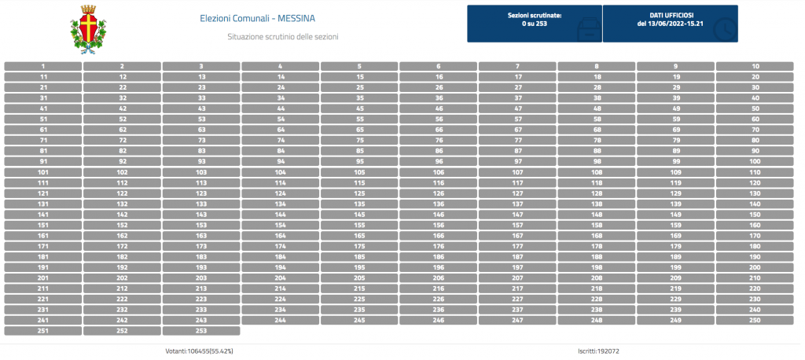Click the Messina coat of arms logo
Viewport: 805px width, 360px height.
point(88,29)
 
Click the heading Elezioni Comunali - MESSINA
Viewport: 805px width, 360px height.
point(257,19)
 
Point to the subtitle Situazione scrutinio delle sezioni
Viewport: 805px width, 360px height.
point(283,37)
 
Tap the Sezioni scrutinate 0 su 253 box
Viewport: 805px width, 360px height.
point(535,24)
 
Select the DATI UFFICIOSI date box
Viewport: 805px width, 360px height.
point(670,24)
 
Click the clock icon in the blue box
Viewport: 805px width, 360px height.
point(724,30)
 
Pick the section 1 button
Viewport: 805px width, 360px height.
point(43,66)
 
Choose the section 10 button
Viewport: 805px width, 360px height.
point(755,66)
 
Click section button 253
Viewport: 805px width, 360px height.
point(201,331)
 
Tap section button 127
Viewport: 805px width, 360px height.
point(517,193)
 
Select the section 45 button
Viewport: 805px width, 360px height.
point(359,109)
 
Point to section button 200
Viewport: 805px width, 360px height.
point(755,267)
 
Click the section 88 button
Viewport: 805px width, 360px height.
point(597,151)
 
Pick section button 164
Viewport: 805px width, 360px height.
point(281,236)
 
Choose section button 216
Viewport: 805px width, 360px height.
point(439,288)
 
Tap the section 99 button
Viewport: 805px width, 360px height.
point(675,162)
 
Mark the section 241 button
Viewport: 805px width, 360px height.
point(43,321)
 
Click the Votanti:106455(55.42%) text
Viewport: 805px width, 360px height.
point(200,351)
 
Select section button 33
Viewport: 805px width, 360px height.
point(201,98)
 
